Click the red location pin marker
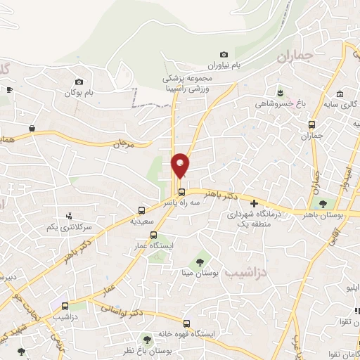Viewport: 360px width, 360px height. click(181, 165)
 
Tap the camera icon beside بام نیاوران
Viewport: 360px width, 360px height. click(224, 55)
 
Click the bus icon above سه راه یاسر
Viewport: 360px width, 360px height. click(181, 192)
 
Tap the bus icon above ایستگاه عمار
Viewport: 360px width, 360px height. click(154, 236)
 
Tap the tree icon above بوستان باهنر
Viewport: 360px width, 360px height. click(323, 204)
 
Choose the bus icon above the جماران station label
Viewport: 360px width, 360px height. click(311, 125)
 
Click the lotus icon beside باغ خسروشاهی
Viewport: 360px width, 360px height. click(281, 93)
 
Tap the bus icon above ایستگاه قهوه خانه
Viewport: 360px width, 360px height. click(186, 323)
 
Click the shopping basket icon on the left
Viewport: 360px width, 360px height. click(32, 128)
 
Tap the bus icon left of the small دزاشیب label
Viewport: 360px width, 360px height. click(65, 306)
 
